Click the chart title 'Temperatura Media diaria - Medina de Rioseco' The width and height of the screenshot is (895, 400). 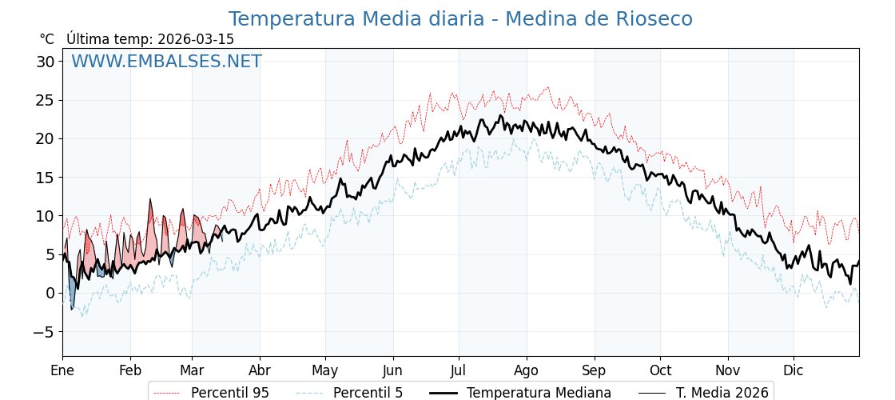[x=460, y=19]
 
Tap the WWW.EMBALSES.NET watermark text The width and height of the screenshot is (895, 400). [x=166, y=62]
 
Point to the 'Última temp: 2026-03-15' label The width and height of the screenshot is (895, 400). [x=150, y=39]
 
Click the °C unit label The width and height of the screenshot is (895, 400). [x=46, y=39]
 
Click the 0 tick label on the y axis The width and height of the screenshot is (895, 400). [x=50, y=293]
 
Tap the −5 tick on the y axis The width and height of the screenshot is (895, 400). [x=46, y=331]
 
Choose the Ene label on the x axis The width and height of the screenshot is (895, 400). [x=62, y=370]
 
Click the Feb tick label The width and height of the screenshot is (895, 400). [x=130, y=370]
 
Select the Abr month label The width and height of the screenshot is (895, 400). [x=260, y=370]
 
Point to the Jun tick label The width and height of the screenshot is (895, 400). [x=393, y=370]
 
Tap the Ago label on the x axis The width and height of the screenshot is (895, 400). [x=527, y=370]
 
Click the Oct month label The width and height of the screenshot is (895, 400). [x=660, y=370]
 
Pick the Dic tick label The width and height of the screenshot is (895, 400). [x=794, y=370]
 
